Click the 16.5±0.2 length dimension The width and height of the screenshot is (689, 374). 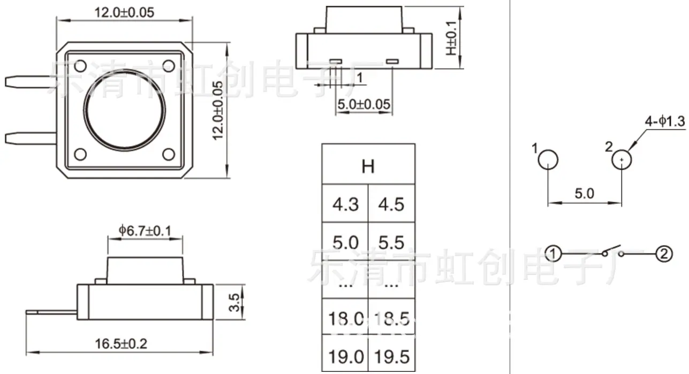121,344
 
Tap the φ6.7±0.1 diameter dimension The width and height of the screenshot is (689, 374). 145,231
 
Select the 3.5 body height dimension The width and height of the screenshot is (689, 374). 234,302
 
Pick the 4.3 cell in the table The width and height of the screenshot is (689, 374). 345,204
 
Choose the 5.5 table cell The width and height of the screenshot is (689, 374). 391,242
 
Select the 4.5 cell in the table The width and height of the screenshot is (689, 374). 391,204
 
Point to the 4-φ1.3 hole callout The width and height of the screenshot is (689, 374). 665,121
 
